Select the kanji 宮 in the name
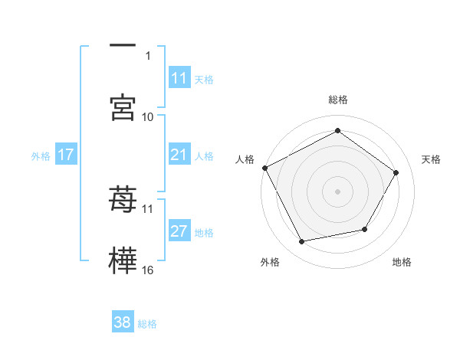tap(123, 107)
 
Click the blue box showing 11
tap(179, 78)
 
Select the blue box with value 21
tap(179, 155)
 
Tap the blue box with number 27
tap(179, 231)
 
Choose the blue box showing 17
tap(66, 155)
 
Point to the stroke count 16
tap(148, 270)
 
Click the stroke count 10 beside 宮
tap(148, 116)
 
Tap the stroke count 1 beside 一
tap(148, 55)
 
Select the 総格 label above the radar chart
tap(338, 100)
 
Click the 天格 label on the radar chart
tap(431, 159)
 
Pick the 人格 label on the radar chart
tap(245, 159)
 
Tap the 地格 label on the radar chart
tap(402, 262)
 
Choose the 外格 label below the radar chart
tap(270, 262)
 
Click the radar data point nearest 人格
tap(264, 168)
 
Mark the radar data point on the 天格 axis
tap(396, 173)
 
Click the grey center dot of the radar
tap(338, 191)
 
